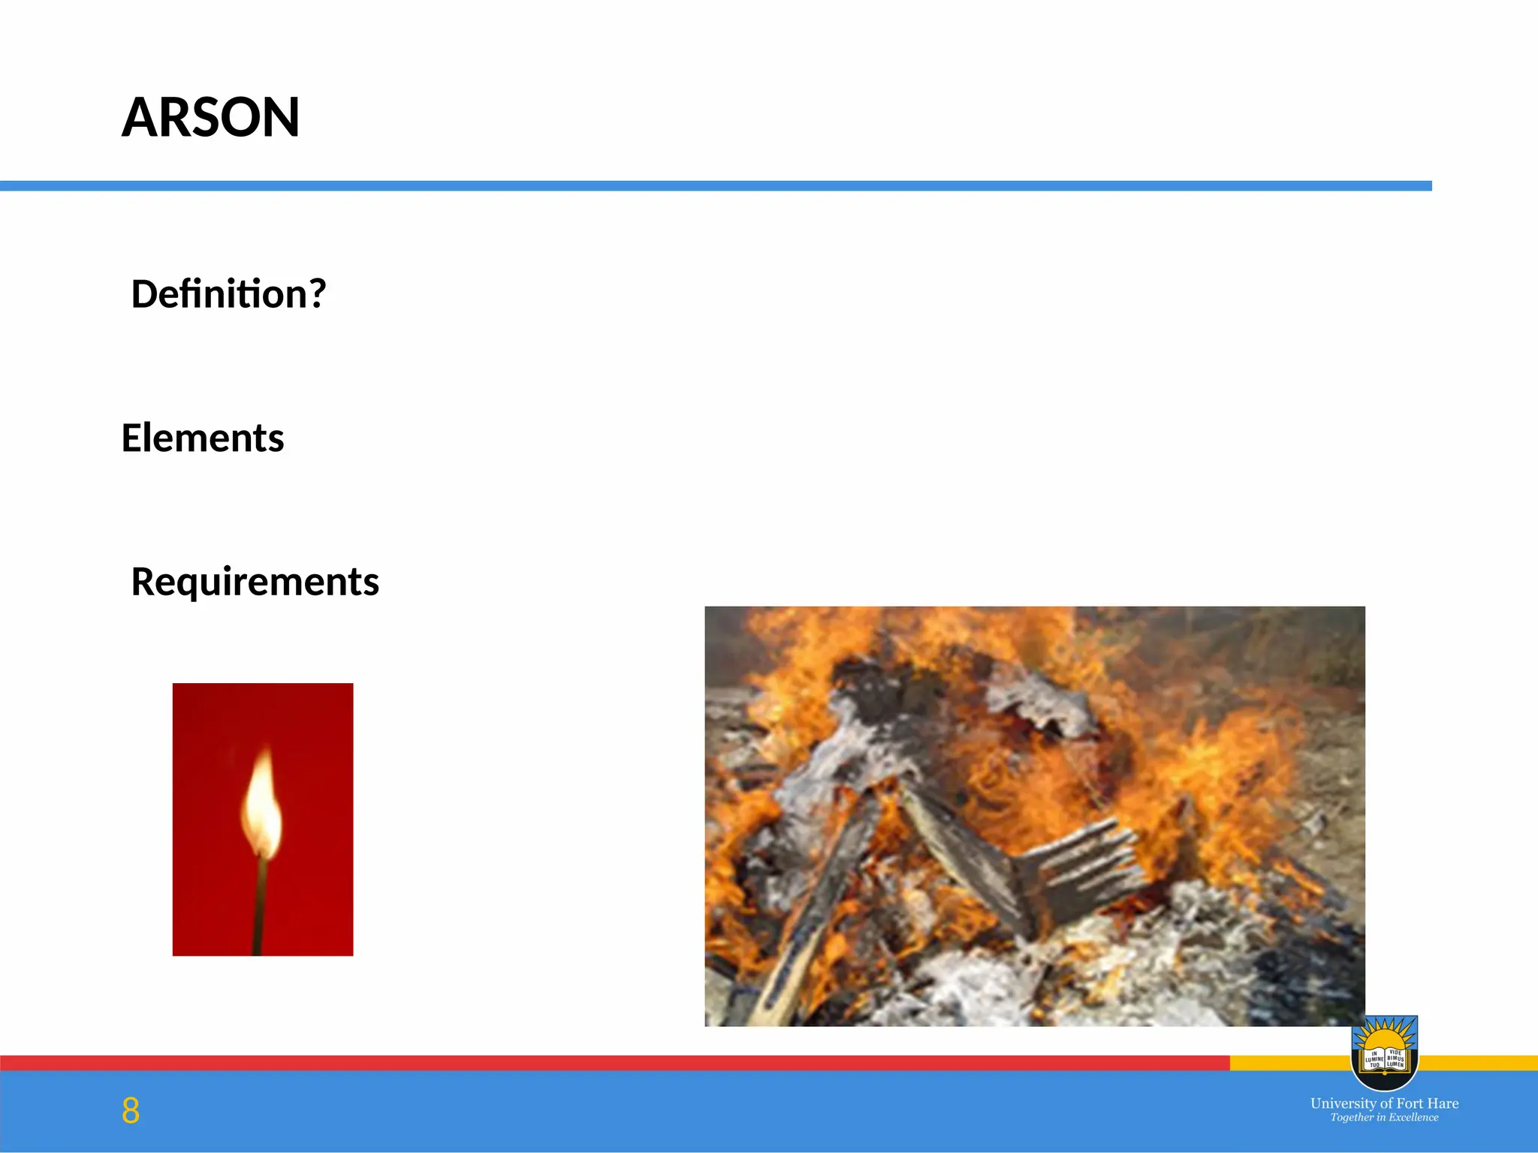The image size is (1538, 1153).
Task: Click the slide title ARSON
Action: click(x=210, y=118)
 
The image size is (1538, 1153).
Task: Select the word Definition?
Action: click(x=228, y=294)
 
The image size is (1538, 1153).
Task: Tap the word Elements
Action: click(x=203, y=438)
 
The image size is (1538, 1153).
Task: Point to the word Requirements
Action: click(x=255, y=582)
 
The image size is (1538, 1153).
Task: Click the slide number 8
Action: click(x=131, y=1110)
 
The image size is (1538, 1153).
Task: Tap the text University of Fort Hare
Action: click(x=1384, y=1103)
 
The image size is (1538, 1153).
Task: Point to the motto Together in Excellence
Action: click(x=1384, y=1118)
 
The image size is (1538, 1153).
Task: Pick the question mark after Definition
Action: click(x=318, y=294)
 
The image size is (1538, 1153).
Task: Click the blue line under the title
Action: click(x=713, y=186)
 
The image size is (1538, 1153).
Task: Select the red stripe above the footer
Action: click(x=601, y=1063)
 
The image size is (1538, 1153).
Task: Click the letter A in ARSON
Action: click(x=139, y=118)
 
